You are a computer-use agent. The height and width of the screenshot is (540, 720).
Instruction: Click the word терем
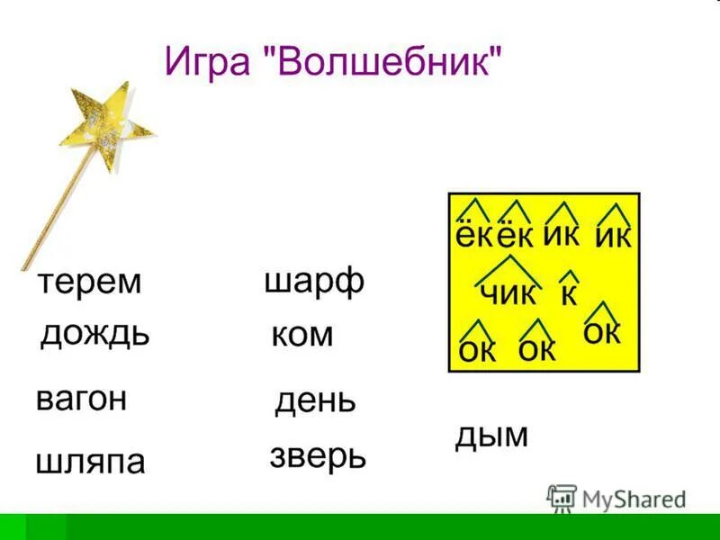pos(89,282)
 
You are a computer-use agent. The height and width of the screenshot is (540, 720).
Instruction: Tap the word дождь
pos(94,335)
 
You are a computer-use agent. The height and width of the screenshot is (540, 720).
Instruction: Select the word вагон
pos(81,399)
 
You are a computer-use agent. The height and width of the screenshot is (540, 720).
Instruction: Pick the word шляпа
pos(90,462)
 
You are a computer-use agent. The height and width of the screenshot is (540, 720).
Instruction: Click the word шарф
pos(314,282)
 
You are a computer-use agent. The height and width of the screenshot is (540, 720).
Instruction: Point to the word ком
pos(301,336)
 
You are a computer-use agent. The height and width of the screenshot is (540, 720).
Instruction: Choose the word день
pos(315,400)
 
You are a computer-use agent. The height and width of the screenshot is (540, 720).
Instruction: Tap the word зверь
pos(318,456)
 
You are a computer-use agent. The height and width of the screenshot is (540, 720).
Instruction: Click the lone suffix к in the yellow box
pos(569,294)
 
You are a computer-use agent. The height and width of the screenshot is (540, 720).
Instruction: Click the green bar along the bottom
pos(360,526)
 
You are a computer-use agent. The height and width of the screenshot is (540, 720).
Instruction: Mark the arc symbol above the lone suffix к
pos(569,276)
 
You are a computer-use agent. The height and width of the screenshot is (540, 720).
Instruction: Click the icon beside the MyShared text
pos(562,497)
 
